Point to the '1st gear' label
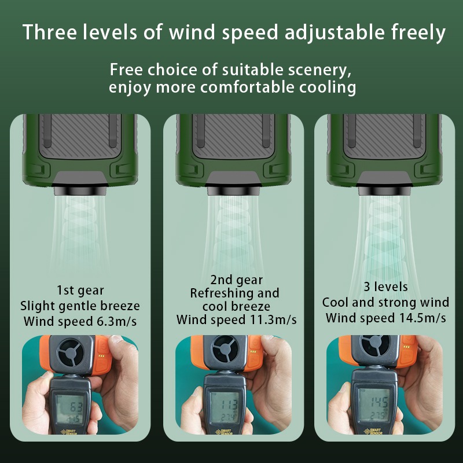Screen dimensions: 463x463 tap(80, 291)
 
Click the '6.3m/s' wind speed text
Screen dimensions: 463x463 tap(117, 321)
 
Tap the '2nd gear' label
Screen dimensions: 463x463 tap(237, 280)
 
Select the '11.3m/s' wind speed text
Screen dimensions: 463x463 tap(273, 320)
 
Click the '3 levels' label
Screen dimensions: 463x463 tap(385, 286)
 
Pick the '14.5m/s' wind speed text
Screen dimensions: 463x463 tap(422, 318)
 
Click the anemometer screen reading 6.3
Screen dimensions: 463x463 tap(69, 409)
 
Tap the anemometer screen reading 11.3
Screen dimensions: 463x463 tap(224, 407)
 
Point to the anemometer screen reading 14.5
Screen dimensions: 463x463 tap(373, 405)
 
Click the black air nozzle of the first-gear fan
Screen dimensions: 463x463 tap(80, 191)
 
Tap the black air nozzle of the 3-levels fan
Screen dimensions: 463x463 tap(385, 191)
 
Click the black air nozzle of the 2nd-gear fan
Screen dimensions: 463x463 tap(234, 191)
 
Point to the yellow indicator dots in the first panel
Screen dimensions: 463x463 tap(102, 356)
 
